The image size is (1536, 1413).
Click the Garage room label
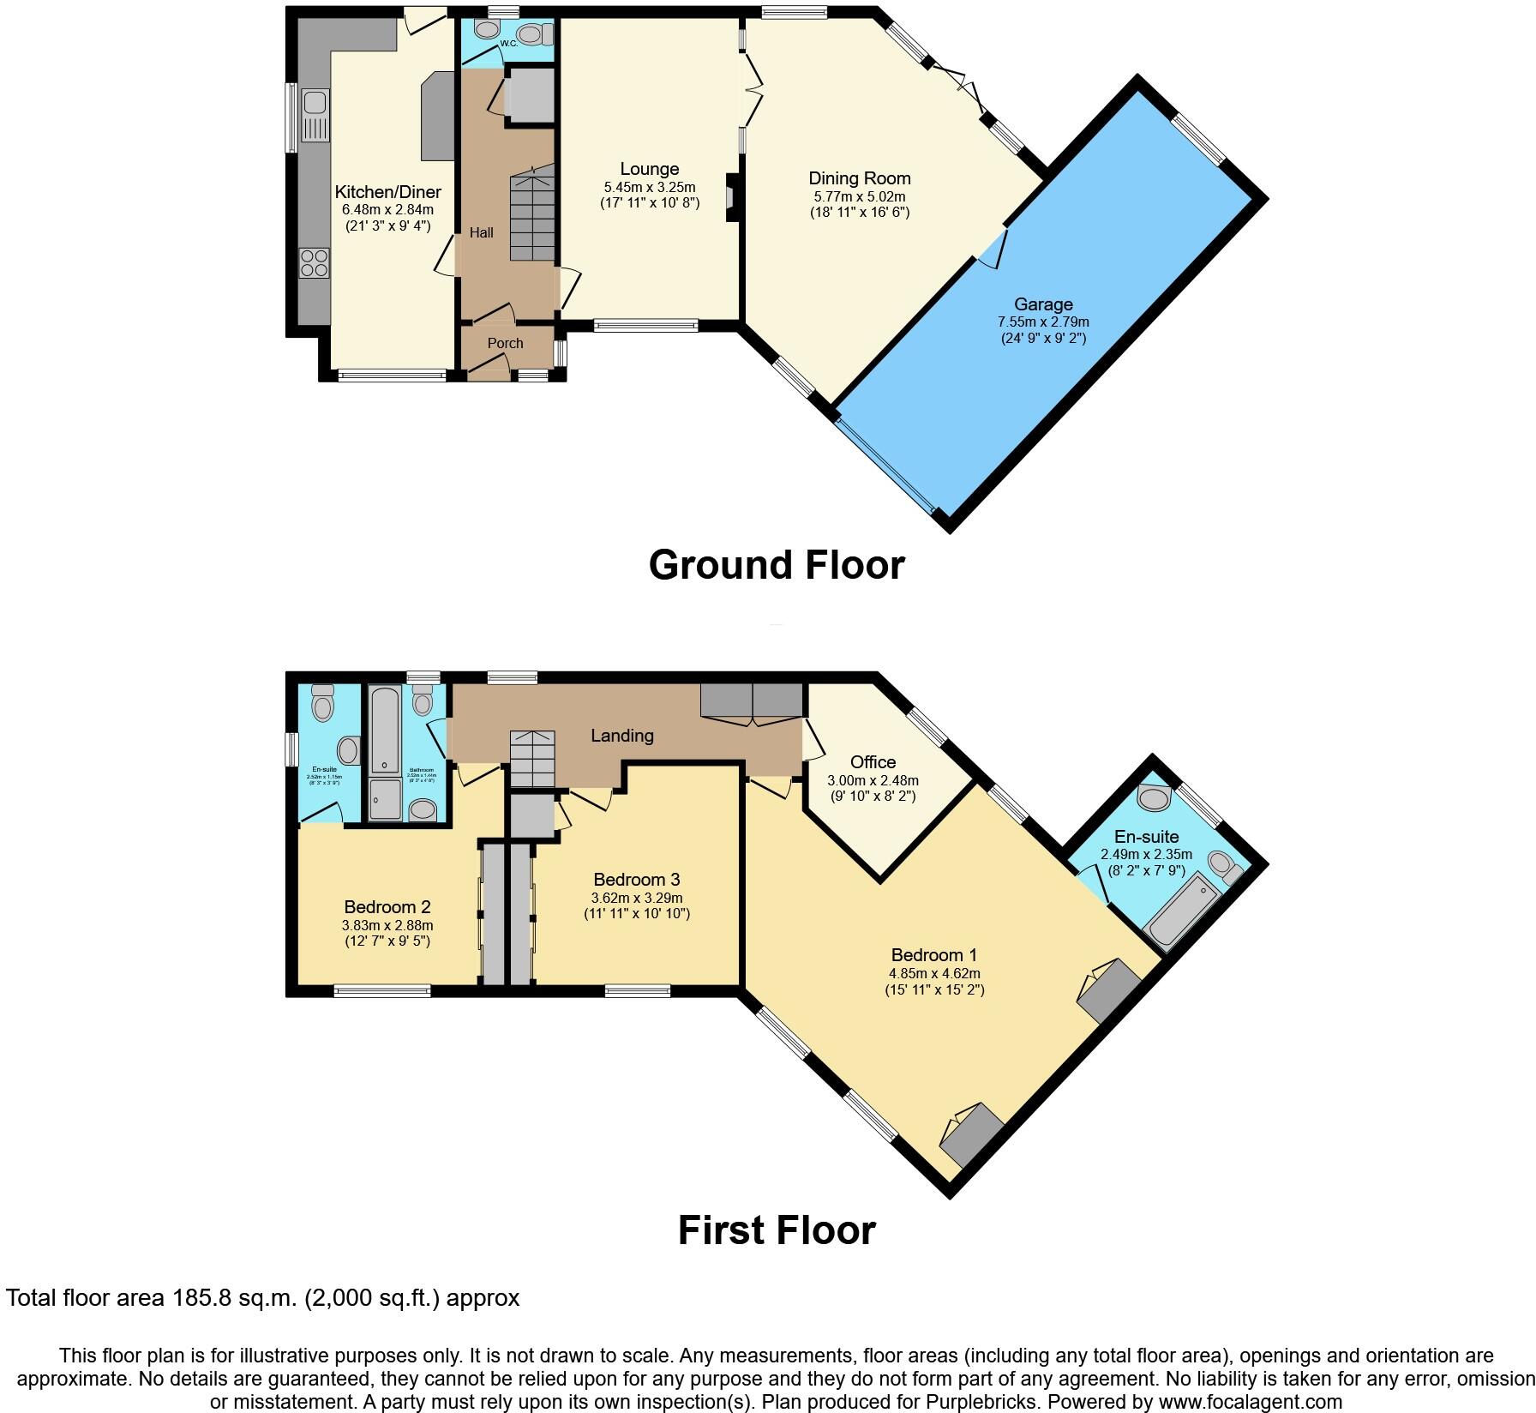(1043, 304)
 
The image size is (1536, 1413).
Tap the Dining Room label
(860, 178)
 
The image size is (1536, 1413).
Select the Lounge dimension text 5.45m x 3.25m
(649, 187)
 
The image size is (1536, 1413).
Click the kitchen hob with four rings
(315, 262)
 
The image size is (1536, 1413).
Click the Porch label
(505, 343)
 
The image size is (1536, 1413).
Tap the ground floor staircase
(532, 215)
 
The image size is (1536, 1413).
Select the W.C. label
(508, 43)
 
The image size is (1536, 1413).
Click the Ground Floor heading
(776, 565)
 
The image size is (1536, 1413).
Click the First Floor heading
(776, 1230)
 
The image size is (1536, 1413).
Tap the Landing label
(622, 735)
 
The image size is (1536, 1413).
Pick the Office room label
(873, 761)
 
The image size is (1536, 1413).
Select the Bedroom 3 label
(636, 880)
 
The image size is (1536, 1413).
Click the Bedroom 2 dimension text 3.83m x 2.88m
(387, 925)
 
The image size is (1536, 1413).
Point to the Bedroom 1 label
(933, 955)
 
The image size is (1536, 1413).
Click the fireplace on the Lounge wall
(733, 197)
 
